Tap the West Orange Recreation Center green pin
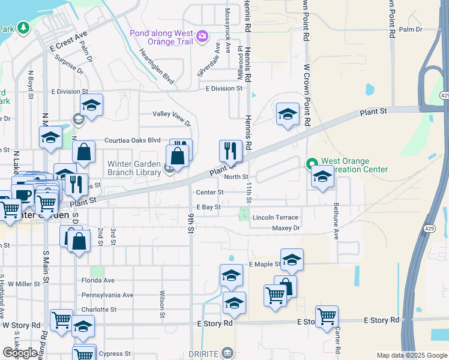point(312,163)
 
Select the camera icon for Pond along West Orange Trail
point(202,37)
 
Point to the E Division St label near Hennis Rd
point(223,89)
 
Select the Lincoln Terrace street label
point(275,217)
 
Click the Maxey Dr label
point(285,228)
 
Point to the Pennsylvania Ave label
point(107,295)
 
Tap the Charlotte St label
point(98,310)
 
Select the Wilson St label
point(162,304)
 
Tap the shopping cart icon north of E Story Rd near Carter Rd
point(327,316)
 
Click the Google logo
point(20,353)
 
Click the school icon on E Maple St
point(292,259)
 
